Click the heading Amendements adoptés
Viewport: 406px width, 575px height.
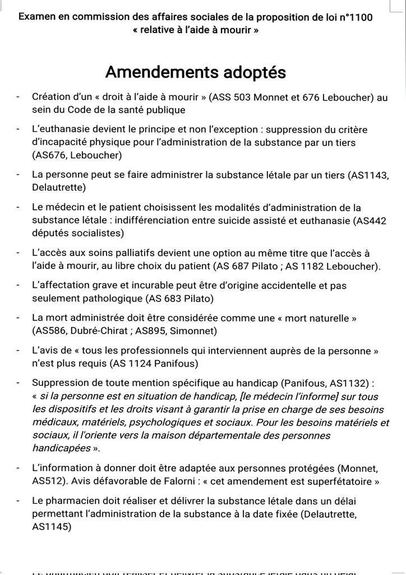(196, 72)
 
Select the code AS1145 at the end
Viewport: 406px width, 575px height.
(52, 527)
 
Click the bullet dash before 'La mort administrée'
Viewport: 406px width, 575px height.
(19, 318)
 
